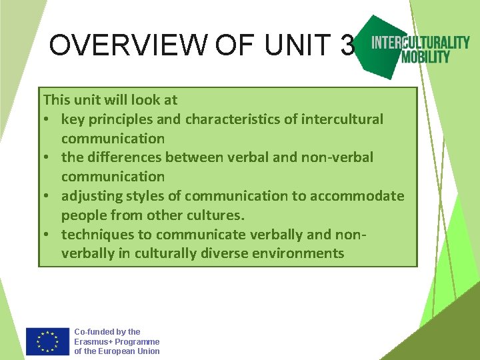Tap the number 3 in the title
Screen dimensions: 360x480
[347, 45]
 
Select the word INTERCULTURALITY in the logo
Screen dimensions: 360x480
[421, 43]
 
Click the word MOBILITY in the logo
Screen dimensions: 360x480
[425, 57]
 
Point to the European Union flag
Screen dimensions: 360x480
[47, 341]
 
